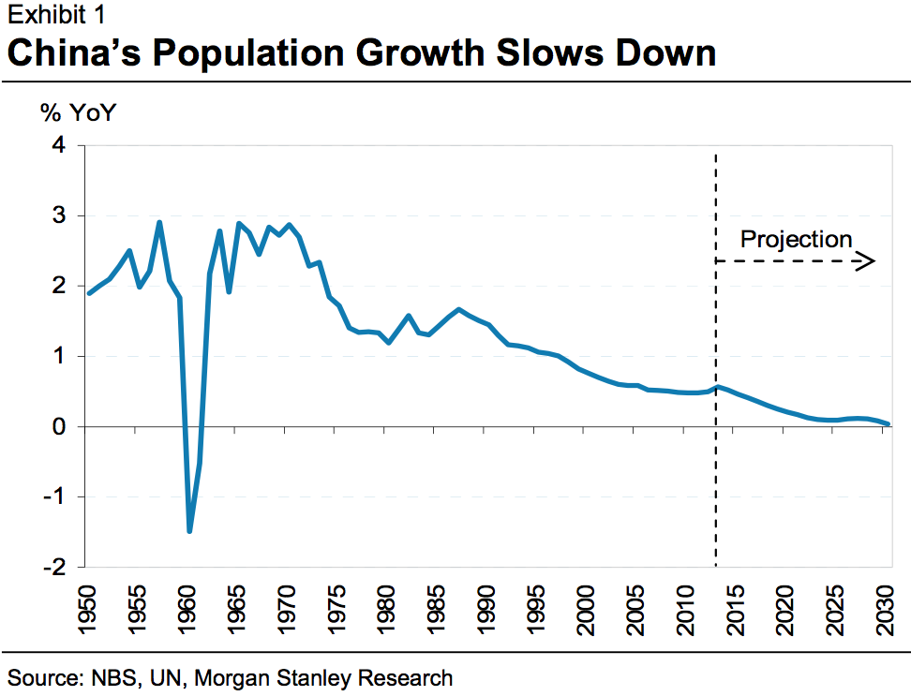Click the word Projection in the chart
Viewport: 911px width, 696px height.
(x=796, y=239)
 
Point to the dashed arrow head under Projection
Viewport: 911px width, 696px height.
(x=869, y=261)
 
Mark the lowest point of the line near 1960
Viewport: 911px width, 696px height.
(x=189, y=531)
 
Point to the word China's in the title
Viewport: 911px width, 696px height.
(x=72, y=52)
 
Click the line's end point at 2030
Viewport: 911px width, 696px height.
(x=888, y=424)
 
